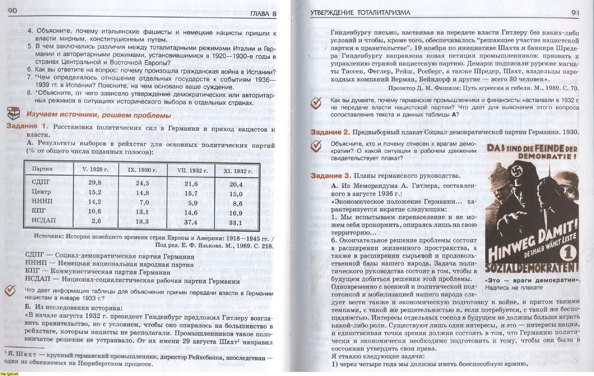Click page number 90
click(x=12, y=11)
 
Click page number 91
click(x=575, y=12)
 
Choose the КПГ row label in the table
click(x=38, y=211)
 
